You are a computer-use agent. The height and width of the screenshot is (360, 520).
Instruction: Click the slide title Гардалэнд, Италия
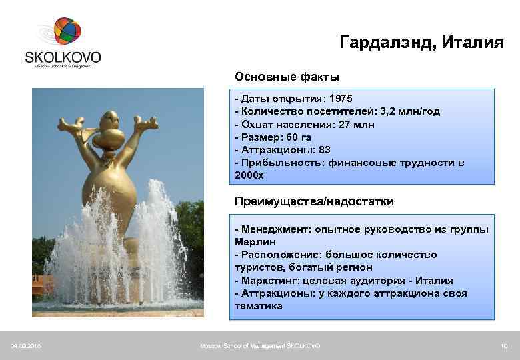pos(421,43)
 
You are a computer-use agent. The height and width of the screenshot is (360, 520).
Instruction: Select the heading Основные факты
pos(287,77)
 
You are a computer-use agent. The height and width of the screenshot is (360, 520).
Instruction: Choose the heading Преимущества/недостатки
pos(314,201)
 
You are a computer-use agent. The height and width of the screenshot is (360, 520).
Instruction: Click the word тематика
pos(259,306)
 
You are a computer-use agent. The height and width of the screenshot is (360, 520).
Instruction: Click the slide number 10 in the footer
pos(504,345)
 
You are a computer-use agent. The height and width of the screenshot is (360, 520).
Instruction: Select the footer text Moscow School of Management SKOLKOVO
pos(260,345)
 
